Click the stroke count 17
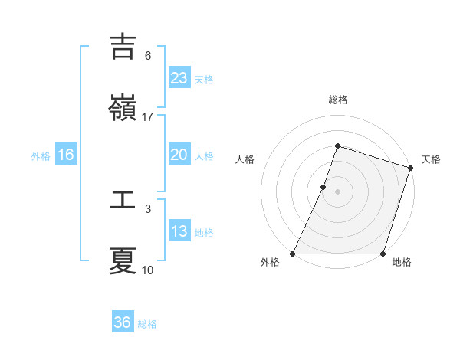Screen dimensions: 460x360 pyautogui.click(x=148, y=117)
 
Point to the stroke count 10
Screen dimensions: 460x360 pyautogui.click(x=148, y=270)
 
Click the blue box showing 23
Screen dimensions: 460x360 pyautogui.click(x=179, y=77)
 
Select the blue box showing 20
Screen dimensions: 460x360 pyautogui.click(x=179, y=155)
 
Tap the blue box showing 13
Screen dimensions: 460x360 pyautogui.click(x=179, y=231)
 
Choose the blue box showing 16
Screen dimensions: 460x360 pyautogui.click(x=65, y=155)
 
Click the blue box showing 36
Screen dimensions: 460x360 pyautogui.click(x=122, y=322)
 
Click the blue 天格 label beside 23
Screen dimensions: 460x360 pyautogui.click(x=204, y=79)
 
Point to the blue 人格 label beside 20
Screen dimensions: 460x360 pyautogui.click(x=204, y=156)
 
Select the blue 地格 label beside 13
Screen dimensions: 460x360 pyautogui.click(x=204, y=233)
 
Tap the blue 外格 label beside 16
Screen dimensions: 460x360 pyautogui.click(x=41, y=156)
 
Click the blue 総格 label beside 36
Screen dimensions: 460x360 pyautogui.click(x=147, y=324)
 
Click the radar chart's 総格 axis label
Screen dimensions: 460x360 pyautogui.click(x=337, y=100)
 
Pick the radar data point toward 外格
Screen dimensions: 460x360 pyautogui.click(x=293, y=254)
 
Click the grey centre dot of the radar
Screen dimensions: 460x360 pyautogui.click(x=337, y=191)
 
